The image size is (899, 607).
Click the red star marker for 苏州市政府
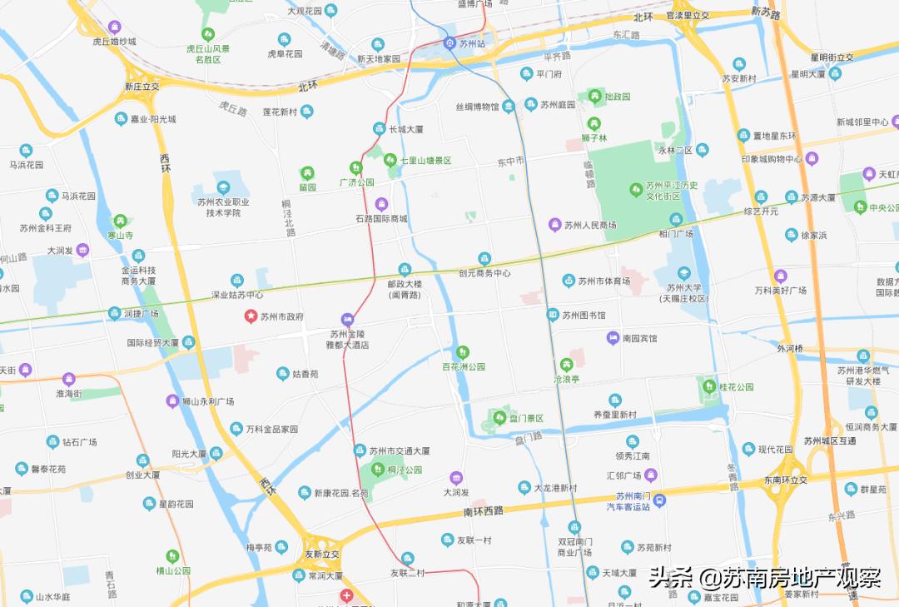pyautogui.click(x=250, y=316)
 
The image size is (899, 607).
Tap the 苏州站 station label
pyautogui.click(x=473, y=42)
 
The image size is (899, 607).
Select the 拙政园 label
pyautogui.click(x=617, y=97)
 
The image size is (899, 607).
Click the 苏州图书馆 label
pyautogui.click(x=584, y=315)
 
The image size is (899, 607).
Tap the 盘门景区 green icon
pyautogui.click(x=499, y=417)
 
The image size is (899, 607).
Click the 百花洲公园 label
pyautogui.click(x=463, y=366)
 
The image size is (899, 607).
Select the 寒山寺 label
pyautogui.click(x=122, y=236)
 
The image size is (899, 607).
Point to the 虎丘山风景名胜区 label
pyautogui.click(x=207, y=54)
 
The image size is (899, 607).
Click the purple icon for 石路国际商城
pyautogui.click(x=382, y=203)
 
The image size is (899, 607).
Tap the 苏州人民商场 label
pyautogui.click(x=590, y=225)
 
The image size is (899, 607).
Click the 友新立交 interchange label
pyautogui.click(x=323, y=554)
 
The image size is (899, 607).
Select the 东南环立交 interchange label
pyautogui.click(x=786, y=480)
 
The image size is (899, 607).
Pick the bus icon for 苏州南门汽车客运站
pyautogui.click(x=659, y=500)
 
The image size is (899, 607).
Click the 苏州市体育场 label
pyautogui.click(x=603, y=281)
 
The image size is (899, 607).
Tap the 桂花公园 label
pyautogui.click(x=736, y=387)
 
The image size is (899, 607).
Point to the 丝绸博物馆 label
pyautogui.click(x=489, y=107)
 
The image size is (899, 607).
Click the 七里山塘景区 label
pyautogui.click(x=425, y=160)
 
